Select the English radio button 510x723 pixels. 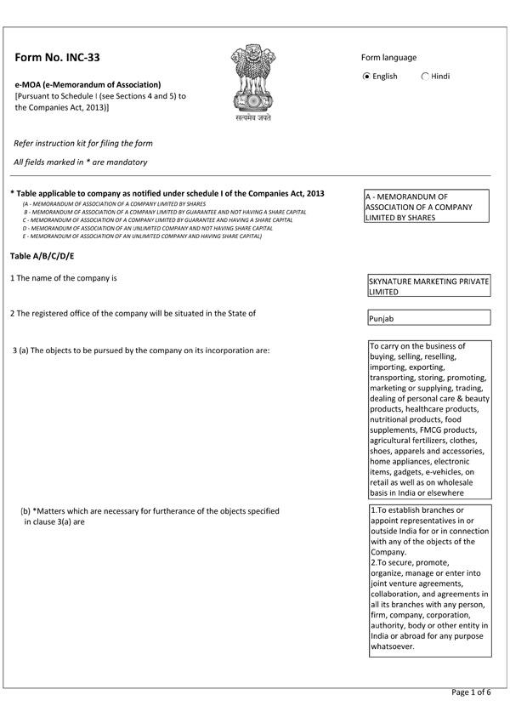366,77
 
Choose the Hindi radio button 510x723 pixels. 426,77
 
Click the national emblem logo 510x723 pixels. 253,80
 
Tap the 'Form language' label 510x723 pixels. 388,58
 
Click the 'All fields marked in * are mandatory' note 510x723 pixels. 81,162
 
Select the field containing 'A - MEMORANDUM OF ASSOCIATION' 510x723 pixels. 427,207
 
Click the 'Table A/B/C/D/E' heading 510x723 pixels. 43,256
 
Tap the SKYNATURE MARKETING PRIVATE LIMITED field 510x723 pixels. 427,286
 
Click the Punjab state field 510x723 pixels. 427,318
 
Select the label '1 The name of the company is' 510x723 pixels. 63,278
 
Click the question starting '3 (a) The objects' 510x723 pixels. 142,350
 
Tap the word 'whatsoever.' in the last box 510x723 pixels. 392,646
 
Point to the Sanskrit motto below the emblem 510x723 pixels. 253,118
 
